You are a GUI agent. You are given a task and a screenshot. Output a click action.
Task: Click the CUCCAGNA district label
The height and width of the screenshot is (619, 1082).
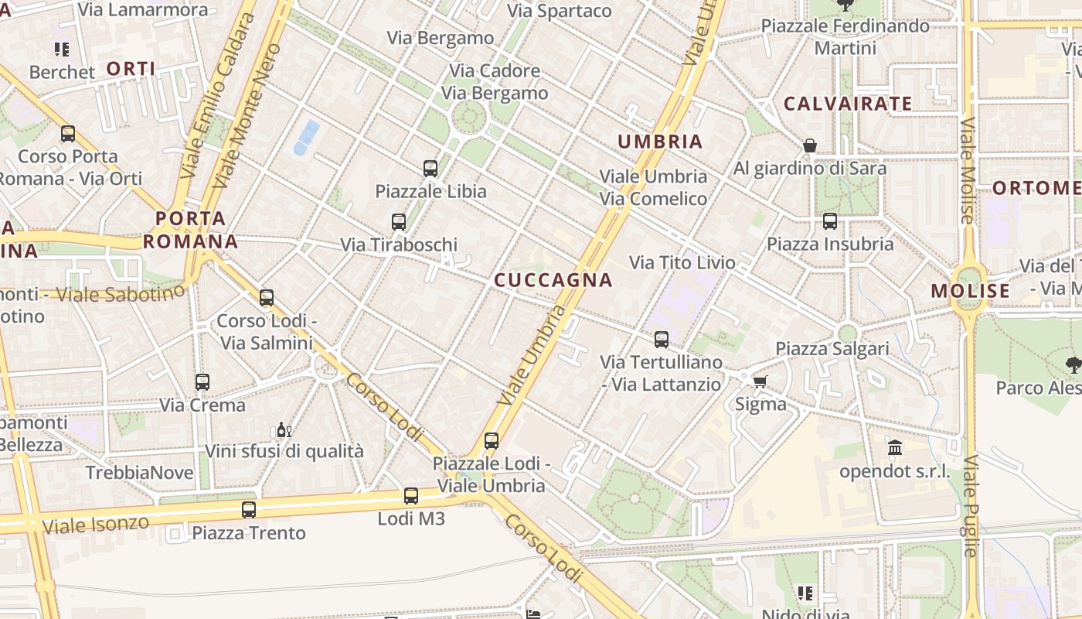553,280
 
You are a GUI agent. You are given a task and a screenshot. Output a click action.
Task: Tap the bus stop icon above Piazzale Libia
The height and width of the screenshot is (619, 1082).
430,168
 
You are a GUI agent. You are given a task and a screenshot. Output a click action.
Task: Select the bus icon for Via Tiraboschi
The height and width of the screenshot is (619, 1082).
399,222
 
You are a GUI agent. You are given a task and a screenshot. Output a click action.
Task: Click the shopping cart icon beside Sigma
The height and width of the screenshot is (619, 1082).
760,381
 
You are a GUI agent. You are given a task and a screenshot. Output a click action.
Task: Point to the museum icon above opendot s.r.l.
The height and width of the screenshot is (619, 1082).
895,447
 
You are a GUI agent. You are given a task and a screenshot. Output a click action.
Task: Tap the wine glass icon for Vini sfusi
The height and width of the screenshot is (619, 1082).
284,429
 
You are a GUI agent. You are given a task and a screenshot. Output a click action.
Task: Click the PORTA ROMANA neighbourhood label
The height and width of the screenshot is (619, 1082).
190,230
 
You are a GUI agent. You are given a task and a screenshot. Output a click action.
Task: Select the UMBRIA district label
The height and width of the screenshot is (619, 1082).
660,142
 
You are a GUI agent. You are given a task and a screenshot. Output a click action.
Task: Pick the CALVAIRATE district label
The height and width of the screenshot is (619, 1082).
848,104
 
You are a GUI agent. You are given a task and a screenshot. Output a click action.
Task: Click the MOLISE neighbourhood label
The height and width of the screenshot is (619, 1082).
970,291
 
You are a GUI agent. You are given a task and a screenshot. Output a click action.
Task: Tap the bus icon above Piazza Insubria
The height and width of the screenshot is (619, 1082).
830,221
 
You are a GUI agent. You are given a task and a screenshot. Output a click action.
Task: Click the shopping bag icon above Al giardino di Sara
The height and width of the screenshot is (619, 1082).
810,145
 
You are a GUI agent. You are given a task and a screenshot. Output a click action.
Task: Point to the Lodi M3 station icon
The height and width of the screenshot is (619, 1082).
411,496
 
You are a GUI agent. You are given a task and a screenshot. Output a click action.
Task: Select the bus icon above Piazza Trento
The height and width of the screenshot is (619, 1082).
248,510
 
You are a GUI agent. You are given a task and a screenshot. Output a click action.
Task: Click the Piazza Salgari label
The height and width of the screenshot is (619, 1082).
832,348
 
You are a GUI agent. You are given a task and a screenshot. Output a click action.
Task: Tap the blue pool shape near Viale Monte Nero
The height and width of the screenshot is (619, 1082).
307,136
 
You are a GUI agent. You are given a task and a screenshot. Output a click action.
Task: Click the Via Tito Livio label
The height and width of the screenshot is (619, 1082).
682,262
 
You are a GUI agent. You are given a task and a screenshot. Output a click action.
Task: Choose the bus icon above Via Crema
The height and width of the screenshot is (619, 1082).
202,381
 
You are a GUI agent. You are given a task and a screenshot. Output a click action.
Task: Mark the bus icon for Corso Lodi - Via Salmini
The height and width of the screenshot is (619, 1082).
267,298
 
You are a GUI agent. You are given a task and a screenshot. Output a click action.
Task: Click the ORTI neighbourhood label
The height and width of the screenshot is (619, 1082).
131,69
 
